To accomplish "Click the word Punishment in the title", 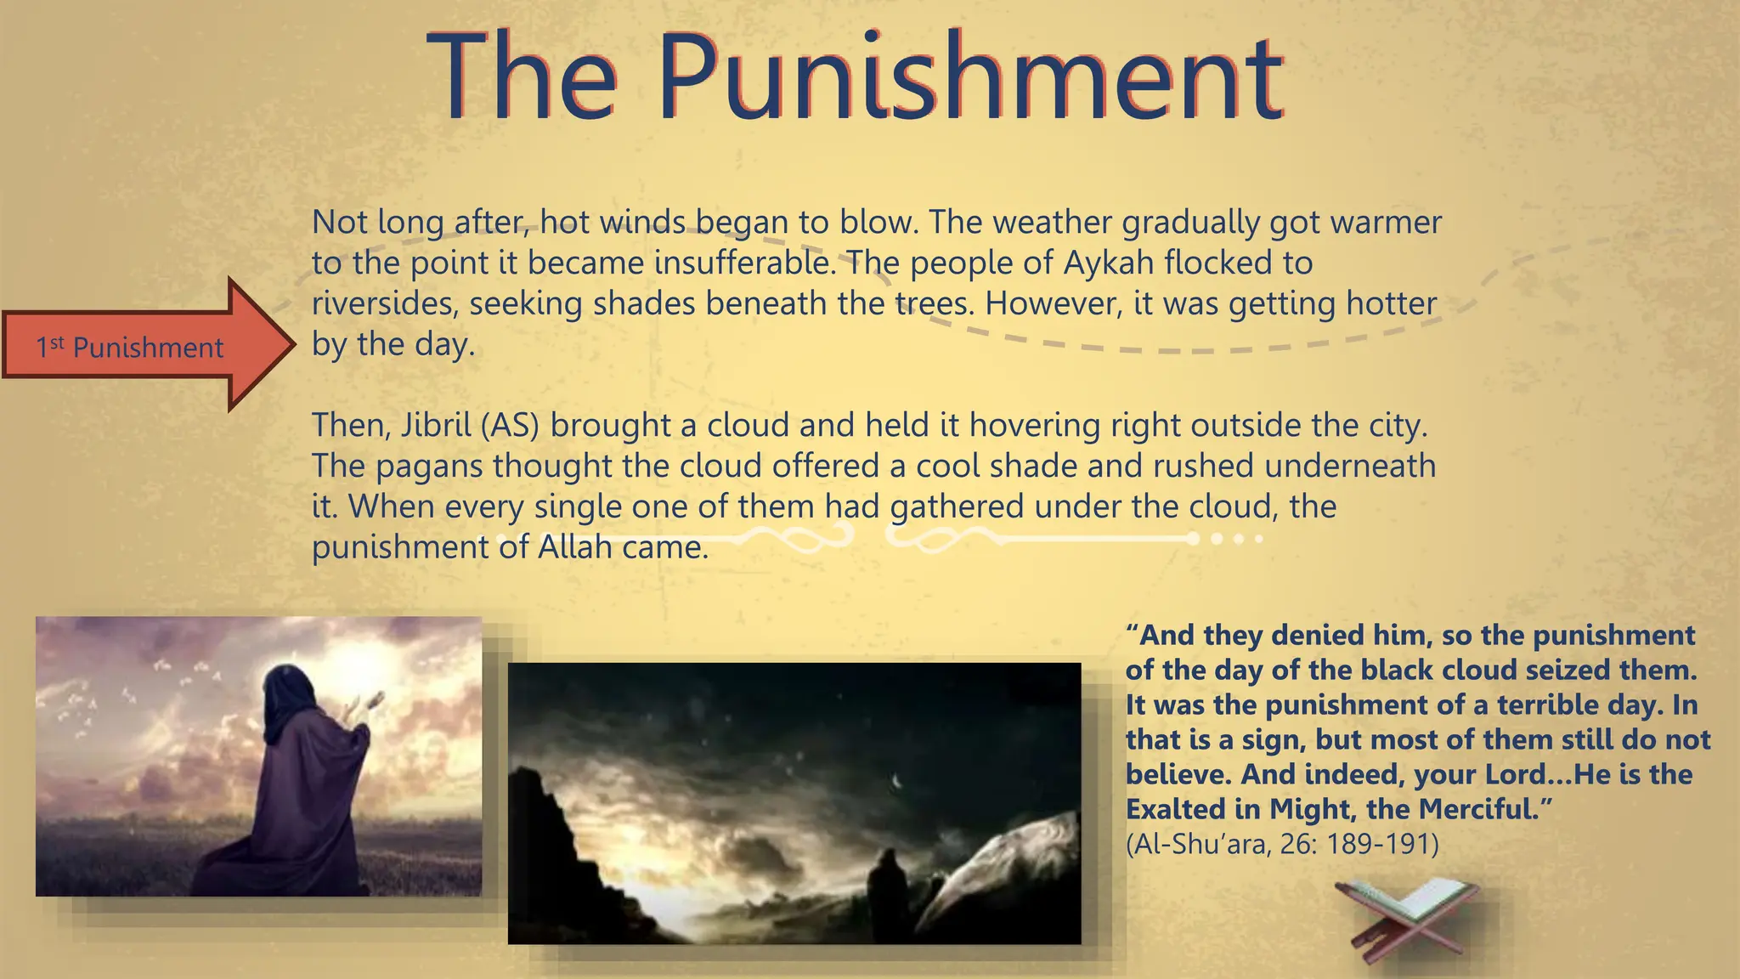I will [970, 78].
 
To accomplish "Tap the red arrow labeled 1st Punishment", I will [149, 346].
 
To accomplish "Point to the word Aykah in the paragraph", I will [1109, 263].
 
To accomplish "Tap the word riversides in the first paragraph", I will [385, 304].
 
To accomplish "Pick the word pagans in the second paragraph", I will [429, 467].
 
